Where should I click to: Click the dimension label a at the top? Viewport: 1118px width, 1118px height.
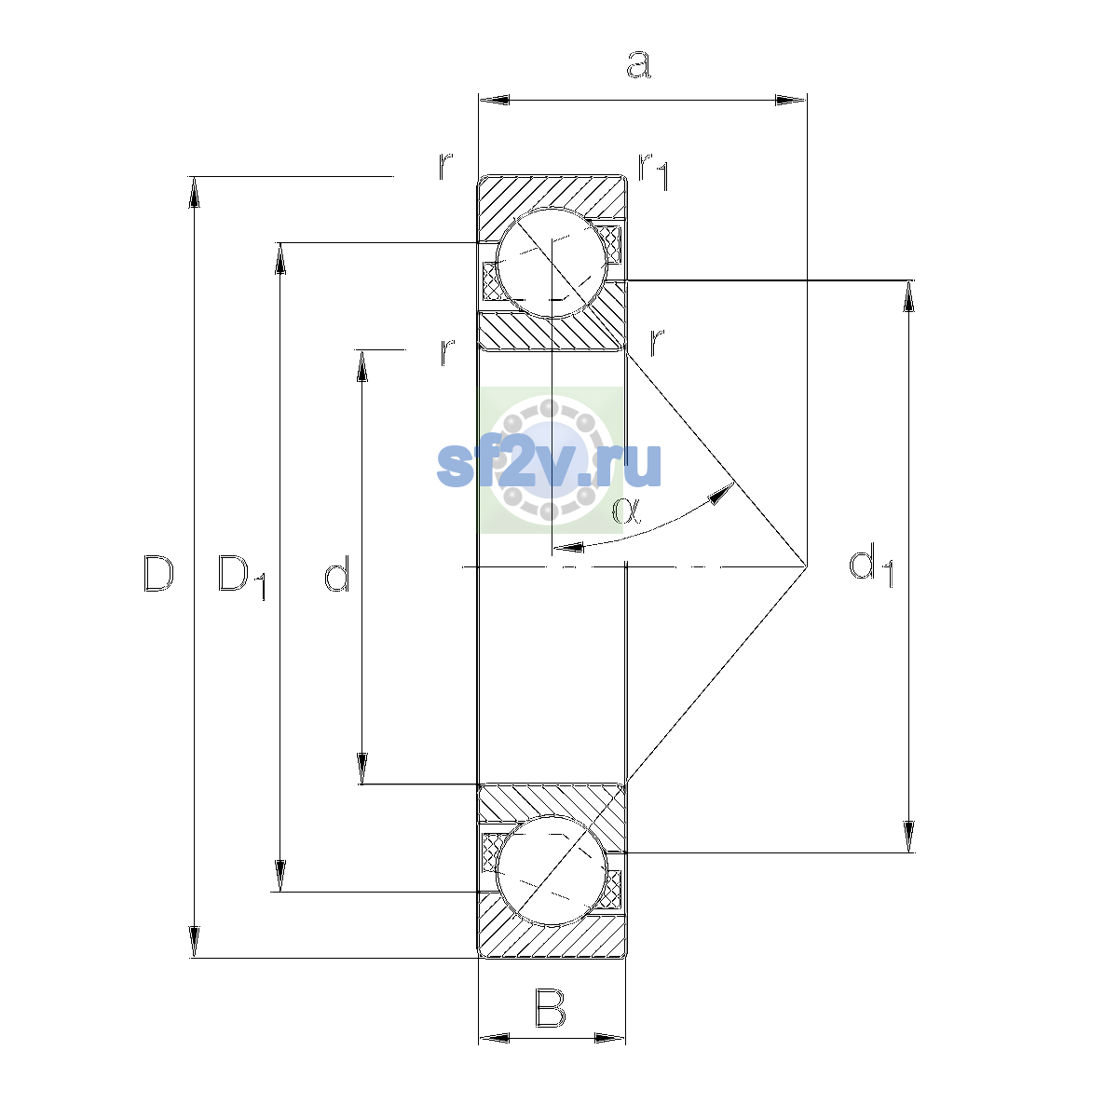click(639, 64)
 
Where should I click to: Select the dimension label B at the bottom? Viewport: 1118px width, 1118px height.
click(550, 1010)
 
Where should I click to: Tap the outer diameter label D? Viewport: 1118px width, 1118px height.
click(158, 573)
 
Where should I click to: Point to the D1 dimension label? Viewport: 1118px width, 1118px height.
click(241, 577)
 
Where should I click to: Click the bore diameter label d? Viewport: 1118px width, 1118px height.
click(336, 573)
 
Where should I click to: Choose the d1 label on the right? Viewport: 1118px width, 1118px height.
click(871, 565)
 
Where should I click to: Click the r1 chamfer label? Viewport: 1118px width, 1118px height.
click(653, 171)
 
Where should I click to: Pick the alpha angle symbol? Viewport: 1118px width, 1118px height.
click(627, 511)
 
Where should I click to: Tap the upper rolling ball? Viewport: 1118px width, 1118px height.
click(552, 264)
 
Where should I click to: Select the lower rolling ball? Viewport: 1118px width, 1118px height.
click(552, 870)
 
